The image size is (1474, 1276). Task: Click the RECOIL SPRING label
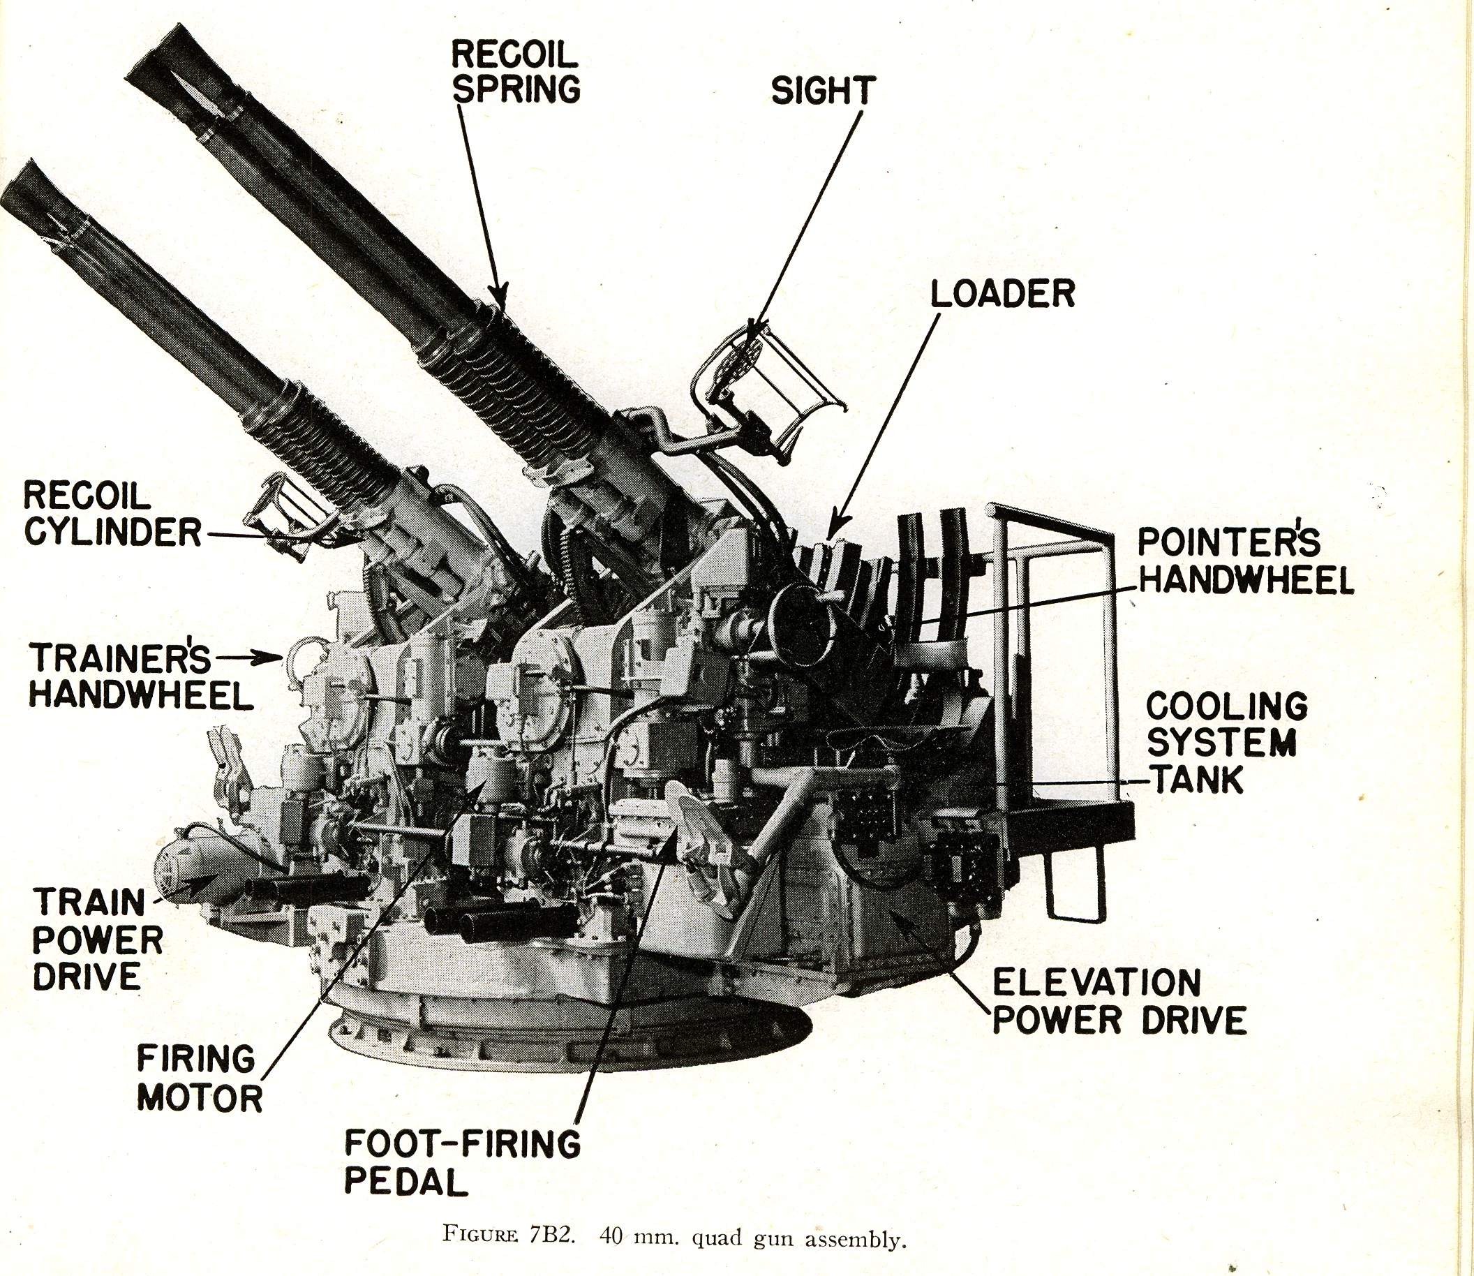(x=516, y=71)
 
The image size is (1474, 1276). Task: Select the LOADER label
(x=1003, y=292)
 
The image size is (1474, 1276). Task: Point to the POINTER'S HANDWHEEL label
(x=1244, y=563)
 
